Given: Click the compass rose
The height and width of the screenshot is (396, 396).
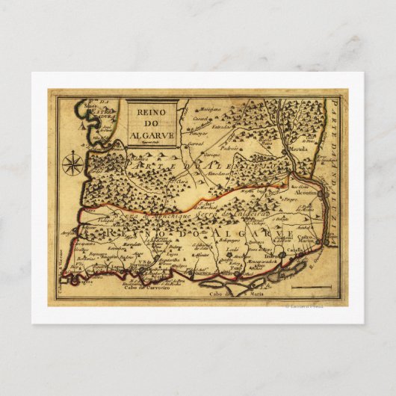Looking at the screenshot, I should [x=72, y=162].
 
